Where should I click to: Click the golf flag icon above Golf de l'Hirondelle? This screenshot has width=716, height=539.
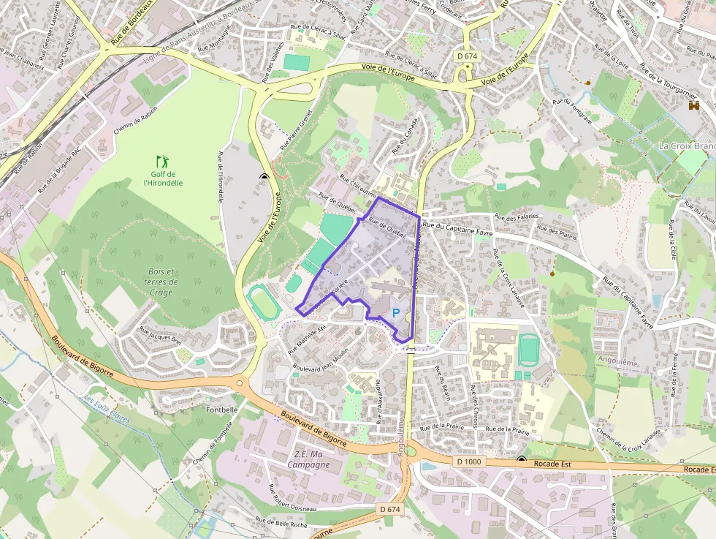point(161,160)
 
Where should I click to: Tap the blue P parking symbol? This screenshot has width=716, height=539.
point(397,312)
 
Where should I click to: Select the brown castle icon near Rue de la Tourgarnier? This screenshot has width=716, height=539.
point(693,105)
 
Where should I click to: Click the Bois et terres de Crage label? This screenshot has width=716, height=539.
point(161,282)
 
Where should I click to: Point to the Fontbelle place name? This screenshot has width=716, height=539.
point(221,410)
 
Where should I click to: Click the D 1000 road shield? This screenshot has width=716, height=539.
point(469,461)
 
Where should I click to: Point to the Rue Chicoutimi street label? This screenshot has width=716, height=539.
point(358,189)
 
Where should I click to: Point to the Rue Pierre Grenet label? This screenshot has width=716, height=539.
point(296,130)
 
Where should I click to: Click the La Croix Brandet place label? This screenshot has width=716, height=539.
point(687,146)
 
